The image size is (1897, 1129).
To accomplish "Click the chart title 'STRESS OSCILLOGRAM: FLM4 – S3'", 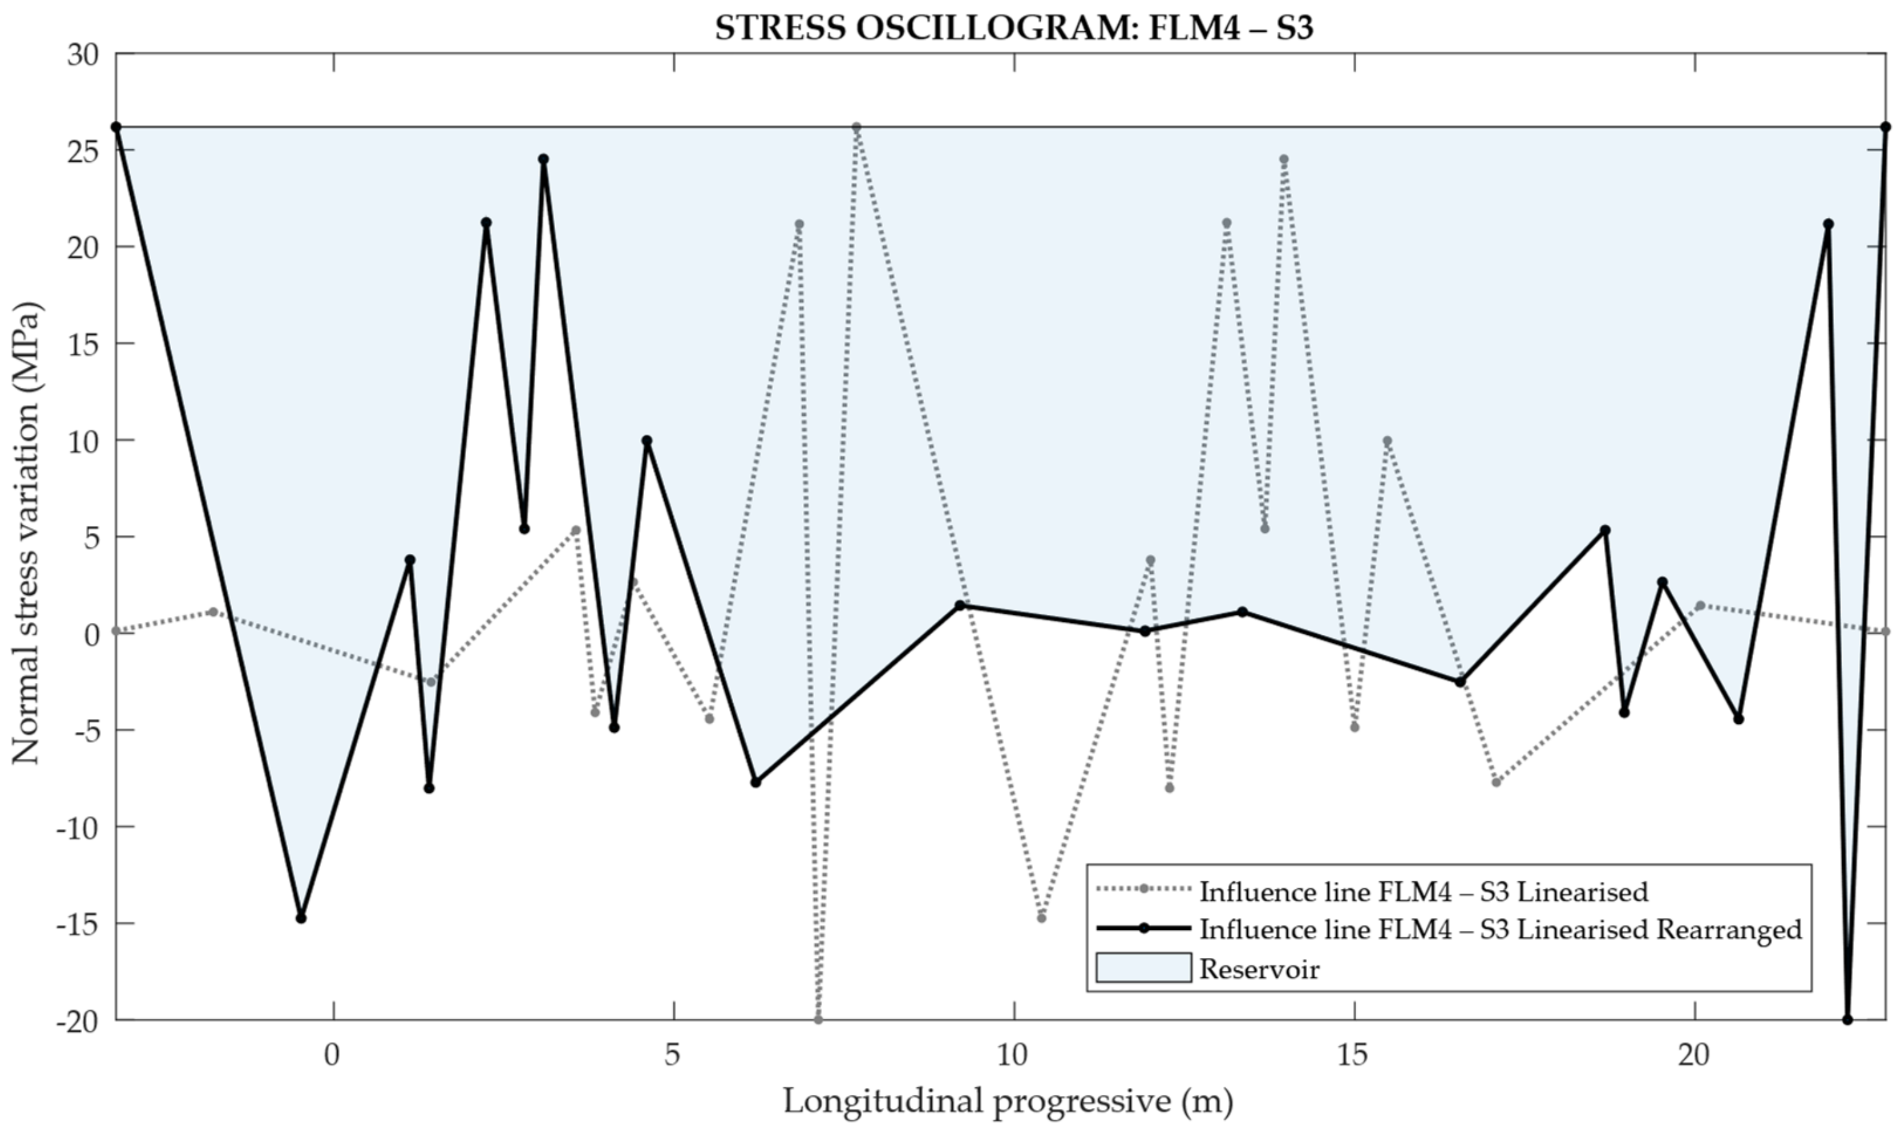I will [x=1013, y=28].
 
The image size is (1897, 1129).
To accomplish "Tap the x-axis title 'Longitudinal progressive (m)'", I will [x=1008, y=1100].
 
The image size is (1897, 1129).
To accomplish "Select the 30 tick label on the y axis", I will [x=83, y=55].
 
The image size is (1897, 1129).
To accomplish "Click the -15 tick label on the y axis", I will [x=78, y=924].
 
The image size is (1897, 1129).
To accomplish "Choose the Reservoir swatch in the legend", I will [x=1143, y=968].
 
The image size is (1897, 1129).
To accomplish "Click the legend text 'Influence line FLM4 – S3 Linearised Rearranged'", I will [x=1500, y=929].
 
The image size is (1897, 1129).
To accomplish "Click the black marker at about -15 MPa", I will [x=301, y=918].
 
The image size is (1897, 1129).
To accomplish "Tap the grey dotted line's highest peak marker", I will [x=856, y=127].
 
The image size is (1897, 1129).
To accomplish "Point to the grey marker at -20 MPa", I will [x=818, y=1019].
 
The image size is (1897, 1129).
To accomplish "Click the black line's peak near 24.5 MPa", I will [x=543, y=159].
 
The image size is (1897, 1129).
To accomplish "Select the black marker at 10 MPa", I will [x=647, y=441].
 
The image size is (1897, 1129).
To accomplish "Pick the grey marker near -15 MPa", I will [x=1041, y=918].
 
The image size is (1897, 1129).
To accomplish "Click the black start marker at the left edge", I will [x=116, y=127].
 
